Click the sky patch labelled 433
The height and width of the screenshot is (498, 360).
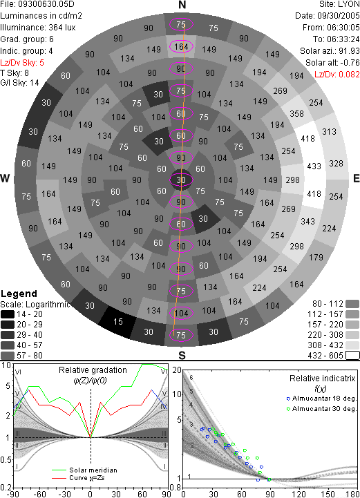(x=314, y=166)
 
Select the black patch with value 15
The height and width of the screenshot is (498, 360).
(x=118, y=322)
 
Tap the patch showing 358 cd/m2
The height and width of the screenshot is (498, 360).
(x=296, y=113)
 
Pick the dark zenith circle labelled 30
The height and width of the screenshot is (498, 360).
(x=181, y=180)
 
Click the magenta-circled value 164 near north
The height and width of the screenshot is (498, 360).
(x=181, y=47)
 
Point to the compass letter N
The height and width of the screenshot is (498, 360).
(x=182, y=5)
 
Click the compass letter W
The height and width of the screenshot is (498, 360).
(x=5, y=178)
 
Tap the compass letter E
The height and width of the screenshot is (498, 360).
(x=356, y=178)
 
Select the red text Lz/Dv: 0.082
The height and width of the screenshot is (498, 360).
(x=337, y=75)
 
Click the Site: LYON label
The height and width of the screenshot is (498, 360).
(x=339, y=4)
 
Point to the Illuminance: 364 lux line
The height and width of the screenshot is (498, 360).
(x=38, y=28)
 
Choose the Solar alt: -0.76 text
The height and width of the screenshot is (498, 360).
(x=332, y=63)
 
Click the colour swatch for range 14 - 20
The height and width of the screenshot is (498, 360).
(x=8, y=314)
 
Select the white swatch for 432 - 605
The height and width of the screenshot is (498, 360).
(x=352, y=356)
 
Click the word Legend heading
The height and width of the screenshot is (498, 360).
(x=19, y=294)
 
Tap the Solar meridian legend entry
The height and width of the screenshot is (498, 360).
(x=84, y=470)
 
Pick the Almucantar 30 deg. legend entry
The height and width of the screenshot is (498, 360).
(x=321, y=409)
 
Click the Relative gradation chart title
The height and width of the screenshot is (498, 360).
(x=93, y=370)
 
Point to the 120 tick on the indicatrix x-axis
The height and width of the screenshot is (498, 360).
(x=299, y=494)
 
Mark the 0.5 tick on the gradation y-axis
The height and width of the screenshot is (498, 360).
(x=6, y=460)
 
